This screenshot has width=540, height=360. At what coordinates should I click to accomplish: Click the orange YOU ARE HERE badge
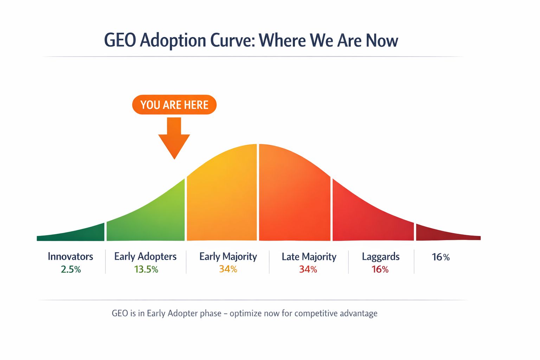[x=174, y=105]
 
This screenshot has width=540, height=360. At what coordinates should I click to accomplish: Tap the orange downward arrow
[x=174, y=139]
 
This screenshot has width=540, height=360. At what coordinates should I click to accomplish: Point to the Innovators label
[x=70, y=256]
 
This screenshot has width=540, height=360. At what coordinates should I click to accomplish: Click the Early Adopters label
[x=145, y=256]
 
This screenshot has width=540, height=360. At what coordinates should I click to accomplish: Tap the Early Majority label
[x=228, y=256]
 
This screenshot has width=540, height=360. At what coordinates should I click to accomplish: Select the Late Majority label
[x=309, y=257]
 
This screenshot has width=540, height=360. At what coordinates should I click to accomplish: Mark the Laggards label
[x=380, y=256]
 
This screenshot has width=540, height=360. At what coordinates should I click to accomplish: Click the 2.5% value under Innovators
[x=71, y=269]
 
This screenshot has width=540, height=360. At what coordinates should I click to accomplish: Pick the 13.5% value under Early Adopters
[x=146, y=269]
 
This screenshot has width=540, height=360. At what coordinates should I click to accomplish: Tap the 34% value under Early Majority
[x=228, y=269]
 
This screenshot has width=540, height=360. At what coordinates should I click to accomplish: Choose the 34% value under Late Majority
[x=308, y=269]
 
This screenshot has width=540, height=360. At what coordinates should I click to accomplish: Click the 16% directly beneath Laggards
[x=380, y=269]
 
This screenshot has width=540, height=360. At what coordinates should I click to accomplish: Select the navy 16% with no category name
[x=441, y=257]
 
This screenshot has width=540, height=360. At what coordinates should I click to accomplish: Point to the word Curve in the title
[x=232, y=40]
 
